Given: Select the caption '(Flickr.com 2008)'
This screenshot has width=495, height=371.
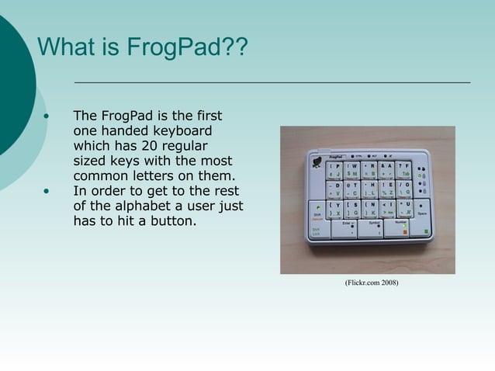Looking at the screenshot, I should (x=371, y=283).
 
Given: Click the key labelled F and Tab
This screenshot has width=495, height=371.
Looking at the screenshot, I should (x=404, y=170).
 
